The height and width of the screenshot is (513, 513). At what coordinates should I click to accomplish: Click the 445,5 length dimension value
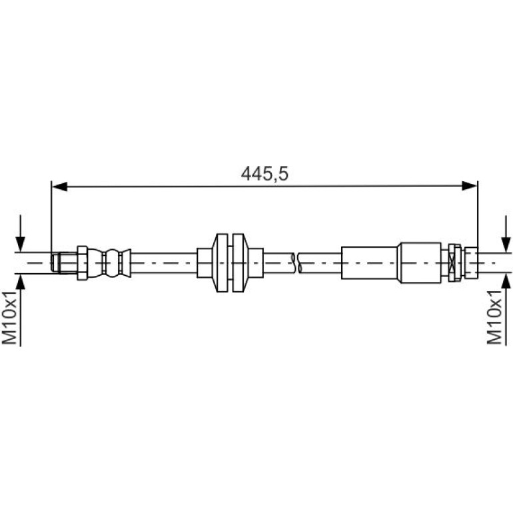tap(264, 174)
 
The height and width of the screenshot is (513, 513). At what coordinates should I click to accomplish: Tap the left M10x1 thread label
tap(9, 316)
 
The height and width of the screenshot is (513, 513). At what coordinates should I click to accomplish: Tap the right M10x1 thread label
tap(494, 316)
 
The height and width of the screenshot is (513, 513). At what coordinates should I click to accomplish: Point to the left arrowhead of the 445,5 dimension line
tap(59, 187)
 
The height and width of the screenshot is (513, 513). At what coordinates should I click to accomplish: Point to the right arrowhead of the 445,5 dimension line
tap(469, 186)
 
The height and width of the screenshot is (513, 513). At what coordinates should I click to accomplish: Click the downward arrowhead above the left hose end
tap(20, 244)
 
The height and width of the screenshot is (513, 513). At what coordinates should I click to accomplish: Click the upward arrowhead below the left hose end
tap(20, 282)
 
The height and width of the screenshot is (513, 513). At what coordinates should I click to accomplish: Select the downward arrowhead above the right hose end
tap(506, 244)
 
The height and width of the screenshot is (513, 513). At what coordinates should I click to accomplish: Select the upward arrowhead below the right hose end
tap(506, 282)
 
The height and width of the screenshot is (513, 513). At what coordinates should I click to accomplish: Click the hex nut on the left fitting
tap(82, 262)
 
